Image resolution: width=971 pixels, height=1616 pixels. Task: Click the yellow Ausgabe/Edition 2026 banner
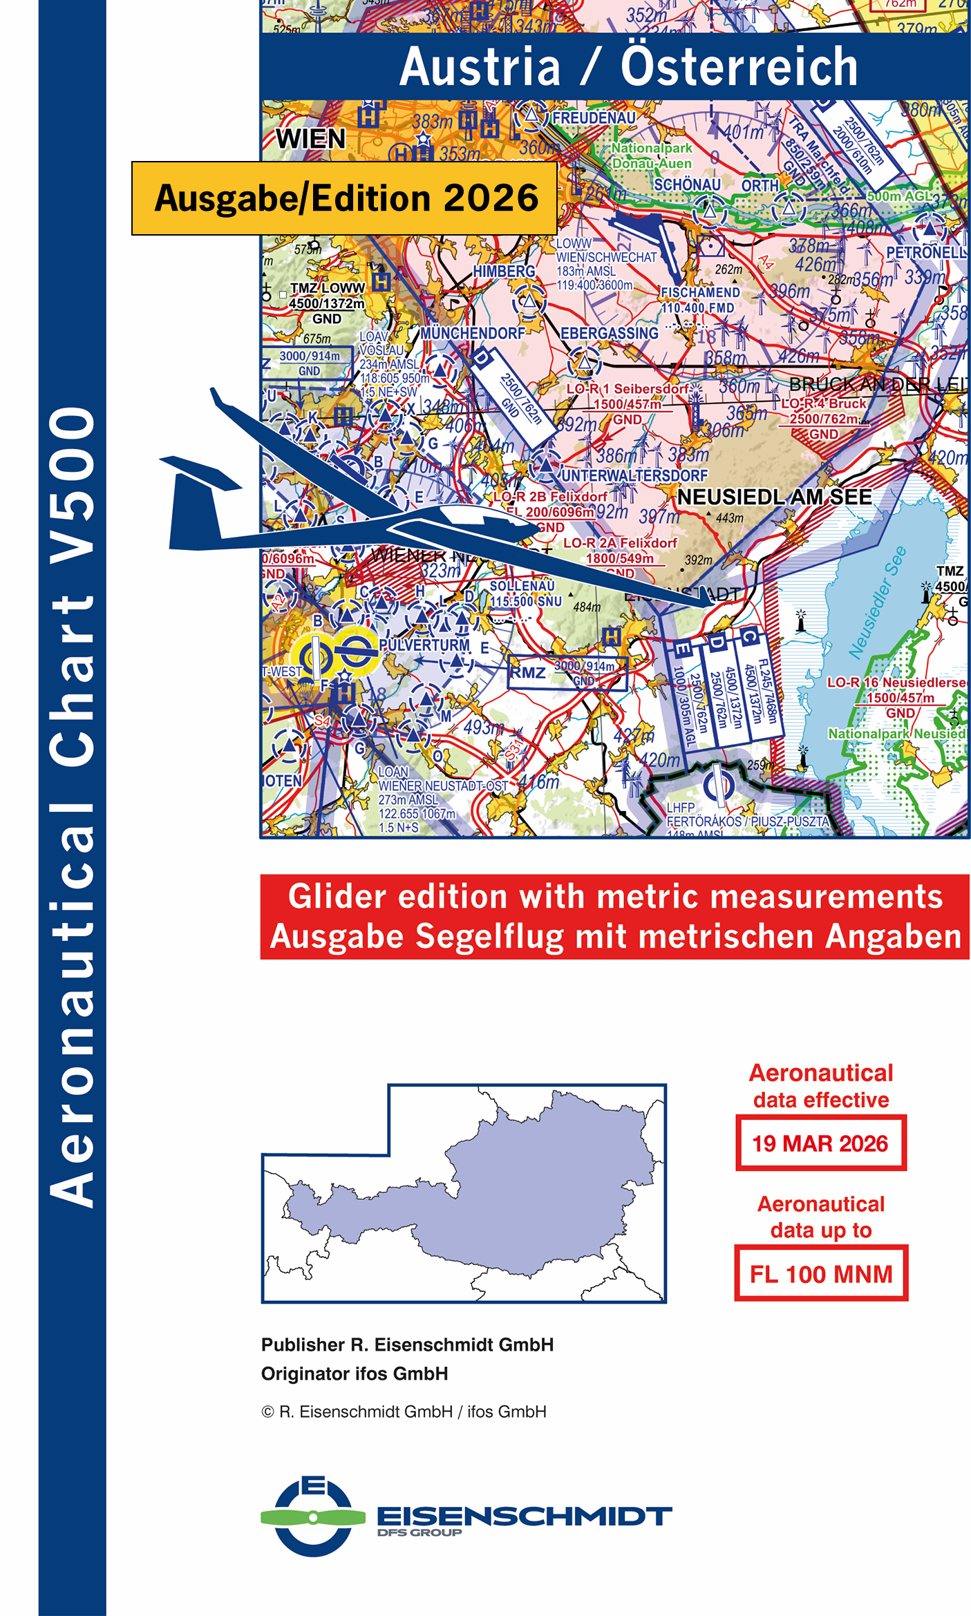[344, 198]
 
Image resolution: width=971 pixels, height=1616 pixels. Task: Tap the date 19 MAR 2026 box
[820, 1143]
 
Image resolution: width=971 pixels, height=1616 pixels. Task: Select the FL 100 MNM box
[820, 1273]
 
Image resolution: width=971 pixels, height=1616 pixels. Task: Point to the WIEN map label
[310, 139]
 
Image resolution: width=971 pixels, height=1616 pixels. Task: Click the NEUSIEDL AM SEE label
[774, 497]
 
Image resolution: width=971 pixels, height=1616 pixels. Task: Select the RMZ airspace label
[528, 672]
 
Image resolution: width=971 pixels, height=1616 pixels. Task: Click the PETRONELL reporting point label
[926, 253]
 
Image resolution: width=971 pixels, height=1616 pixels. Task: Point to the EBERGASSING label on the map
[609, 334]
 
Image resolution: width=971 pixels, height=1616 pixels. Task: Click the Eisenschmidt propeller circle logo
[313, 1517]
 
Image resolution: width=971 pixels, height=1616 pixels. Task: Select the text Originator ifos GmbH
[355, 1373]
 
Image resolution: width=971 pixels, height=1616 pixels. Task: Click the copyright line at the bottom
[404, 1411]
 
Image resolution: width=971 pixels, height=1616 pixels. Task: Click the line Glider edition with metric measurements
[615, 897]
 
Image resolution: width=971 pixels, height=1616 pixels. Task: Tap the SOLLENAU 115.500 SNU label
[525, 593]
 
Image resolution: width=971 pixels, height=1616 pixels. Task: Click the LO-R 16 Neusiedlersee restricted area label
[896, 682]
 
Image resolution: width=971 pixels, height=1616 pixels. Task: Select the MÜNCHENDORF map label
[473, 333]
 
